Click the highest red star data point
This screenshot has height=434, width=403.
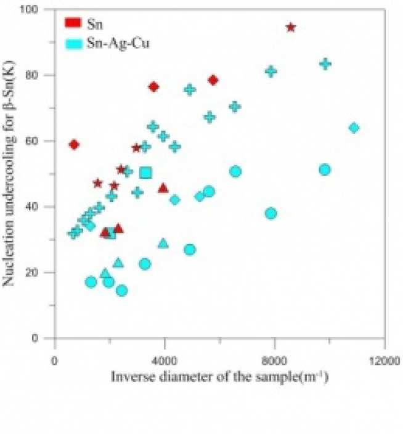click(291, 27)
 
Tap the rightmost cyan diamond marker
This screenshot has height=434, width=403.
click(354, 128)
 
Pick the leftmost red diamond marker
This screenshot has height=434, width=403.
click(74, 144)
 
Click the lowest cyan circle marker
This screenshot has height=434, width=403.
click(121, 290)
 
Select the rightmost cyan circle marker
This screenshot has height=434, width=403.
click(325, 170)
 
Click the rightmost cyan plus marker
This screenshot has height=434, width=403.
click(325, 63)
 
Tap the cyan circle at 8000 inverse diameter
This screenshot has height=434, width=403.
click(271, 213)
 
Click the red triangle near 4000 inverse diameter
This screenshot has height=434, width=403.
click(163, 187)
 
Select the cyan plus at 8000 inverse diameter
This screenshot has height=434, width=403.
click(271, 71)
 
